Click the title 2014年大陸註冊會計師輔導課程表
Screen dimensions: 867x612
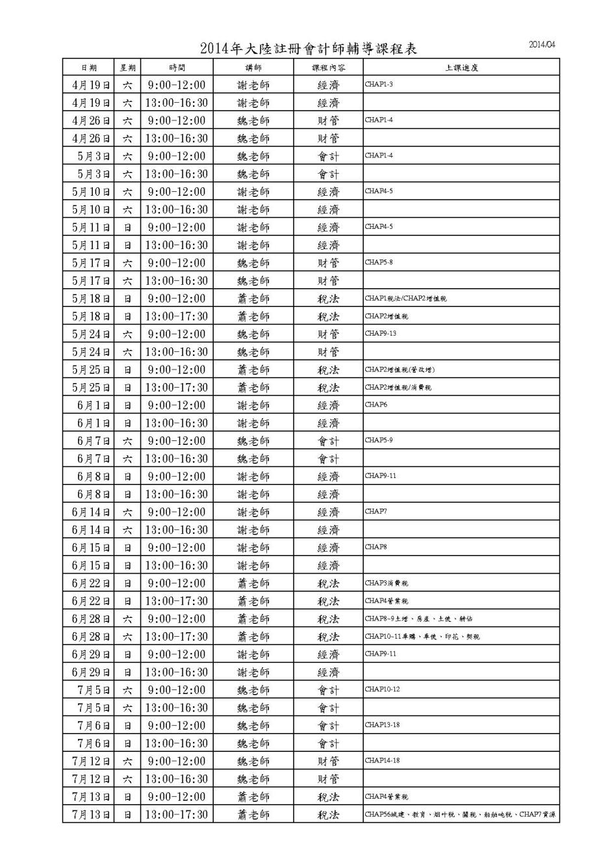[309, 49]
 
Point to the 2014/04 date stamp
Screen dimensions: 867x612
[542, 45]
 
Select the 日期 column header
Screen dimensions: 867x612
[89, 68]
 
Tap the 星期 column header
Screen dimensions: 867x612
[127, 68]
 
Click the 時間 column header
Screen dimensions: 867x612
[177, 68]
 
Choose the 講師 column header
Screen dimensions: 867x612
[253, 68]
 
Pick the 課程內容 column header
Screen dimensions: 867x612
[328, 68]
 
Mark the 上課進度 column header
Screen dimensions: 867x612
[461, 68]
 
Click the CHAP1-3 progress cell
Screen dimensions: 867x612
[379, 85]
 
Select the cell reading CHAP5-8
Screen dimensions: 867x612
[379, 262]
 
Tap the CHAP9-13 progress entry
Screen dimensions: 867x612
[381, 333]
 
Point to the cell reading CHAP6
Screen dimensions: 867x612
[376, 405]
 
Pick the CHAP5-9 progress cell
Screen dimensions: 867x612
[379, 440]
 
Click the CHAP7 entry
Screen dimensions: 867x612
[376, 511]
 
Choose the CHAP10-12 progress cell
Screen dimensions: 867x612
[382, 689]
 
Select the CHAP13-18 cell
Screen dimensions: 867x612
[382, 725]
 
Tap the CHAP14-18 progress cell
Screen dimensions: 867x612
[382, 760]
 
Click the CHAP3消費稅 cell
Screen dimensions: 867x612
[387, 583]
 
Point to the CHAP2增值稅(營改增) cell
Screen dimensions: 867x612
[400, 369]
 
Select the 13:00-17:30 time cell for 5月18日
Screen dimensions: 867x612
[177, 316]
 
